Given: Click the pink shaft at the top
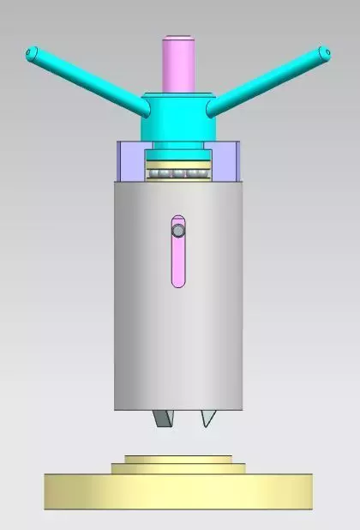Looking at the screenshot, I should (x=179, y=64).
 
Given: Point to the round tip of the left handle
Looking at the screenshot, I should (x=33, y=53).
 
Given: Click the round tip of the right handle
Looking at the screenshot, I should (x=323, y=53).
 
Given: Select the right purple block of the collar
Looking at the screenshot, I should (x=225, y=162).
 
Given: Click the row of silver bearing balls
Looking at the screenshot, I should (x=178, y=174).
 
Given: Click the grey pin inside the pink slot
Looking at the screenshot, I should (x=177, y=230).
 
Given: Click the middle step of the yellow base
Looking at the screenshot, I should (x=178, y=467).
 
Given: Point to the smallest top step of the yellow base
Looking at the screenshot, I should (x=178, y=459).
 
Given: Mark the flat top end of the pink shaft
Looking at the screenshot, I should (x=179, y=37).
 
